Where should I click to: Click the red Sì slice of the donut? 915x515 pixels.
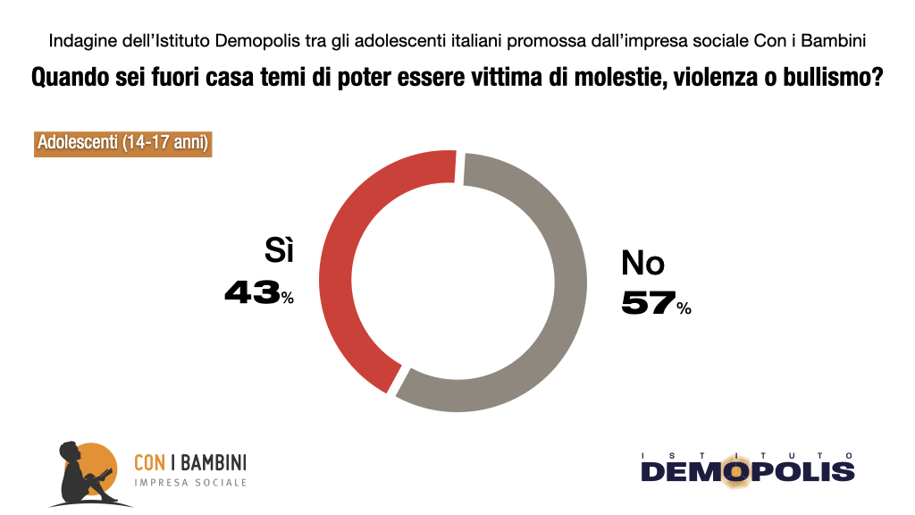click(344, 268)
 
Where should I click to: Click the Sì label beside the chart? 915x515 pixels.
click(279, 252)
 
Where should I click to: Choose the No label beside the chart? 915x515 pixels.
click(643, 263)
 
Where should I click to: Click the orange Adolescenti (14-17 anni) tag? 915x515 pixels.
click(123, 143)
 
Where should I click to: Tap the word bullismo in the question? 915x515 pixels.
click(829, 78)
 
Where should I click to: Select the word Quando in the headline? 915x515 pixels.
click(68, 78)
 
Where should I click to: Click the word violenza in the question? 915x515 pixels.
click(700, 78)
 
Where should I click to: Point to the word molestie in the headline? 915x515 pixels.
click(593, 78)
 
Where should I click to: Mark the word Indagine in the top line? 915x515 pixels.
click(79, 41)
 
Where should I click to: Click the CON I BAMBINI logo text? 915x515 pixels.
click(189, 462)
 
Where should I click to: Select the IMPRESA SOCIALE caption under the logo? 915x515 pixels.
click(189, 483)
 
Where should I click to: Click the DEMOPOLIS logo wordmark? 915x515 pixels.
click(747, 471)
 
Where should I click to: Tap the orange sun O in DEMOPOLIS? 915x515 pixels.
click(737, 471)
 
